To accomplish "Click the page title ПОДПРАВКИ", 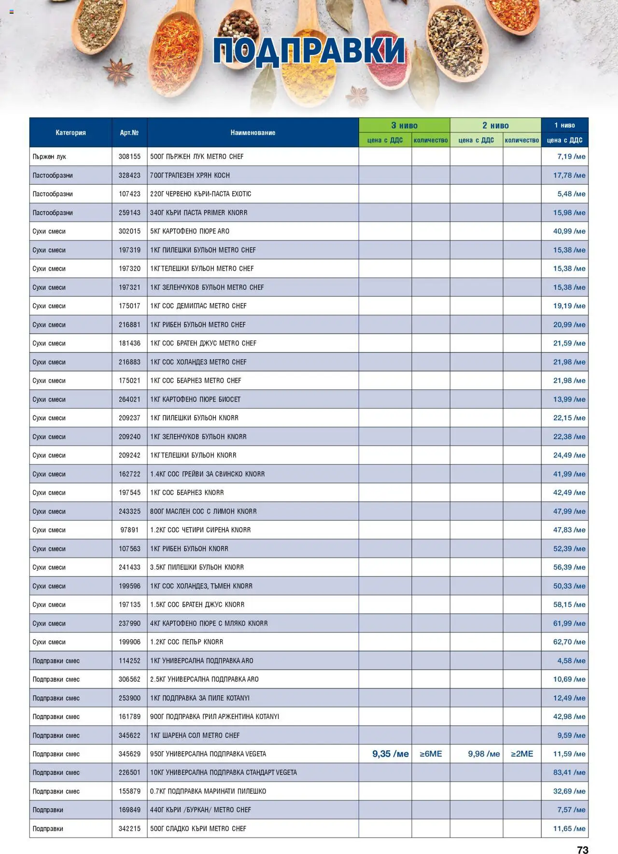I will click(x=309, y=50).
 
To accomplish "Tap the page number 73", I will click(x=582, y=850).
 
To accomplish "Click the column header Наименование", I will click(x=253, y=133).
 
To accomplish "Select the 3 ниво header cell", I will click(x=404, y=125).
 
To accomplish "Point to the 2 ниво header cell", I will click(x=495, y=125).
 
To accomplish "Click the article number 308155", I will click(x=129, y=157).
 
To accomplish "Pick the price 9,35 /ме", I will click(x=390, y=754).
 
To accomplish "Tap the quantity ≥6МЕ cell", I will click(x=431, y=754).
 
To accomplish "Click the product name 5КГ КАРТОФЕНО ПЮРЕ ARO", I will click(x=190, y=232).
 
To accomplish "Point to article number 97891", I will click(x=129, y=530).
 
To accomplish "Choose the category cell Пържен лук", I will click(x=49, y=157).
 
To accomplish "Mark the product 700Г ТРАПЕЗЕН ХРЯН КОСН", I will click(x=190, y=176).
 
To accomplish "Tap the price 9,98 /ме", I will click(x=484, y=754).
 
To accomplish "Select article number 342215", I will click(x=129, y=828).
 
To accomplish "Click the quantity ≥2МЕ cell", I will click(x=522, y=754).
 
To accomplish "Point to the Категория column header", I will click(x=70, y=133).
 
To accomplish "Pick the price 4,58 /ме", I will click(x=571, y=661).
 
